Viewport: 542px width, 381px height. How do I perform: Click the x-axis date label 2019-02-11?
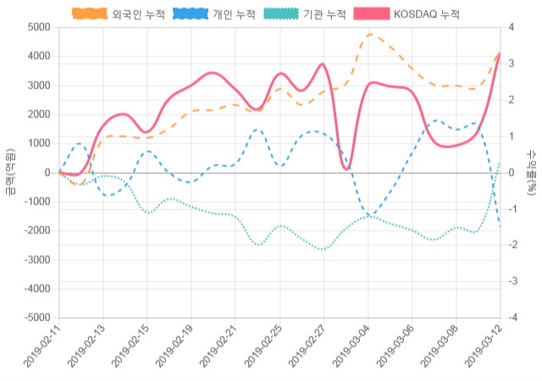click(41, 349)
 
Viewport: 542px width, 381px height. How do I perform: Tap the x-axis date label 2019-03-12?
click(482, 349)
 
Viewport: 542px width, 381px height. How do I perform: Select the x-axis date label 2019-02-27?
click(306, 349)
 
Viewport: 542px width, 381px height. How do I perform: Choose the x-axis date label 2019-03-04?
click(350, 349)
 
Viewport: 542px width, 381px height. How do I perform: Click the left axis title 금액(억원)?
click(9, 172)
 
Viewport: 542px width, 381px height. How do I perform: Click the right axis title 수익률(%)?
click(533, 172)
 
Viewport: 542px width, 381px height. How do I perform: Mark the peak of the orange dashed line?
click(370, 35)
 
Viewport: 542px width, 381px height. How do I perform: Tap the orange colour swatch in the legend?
click(89, 14)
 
